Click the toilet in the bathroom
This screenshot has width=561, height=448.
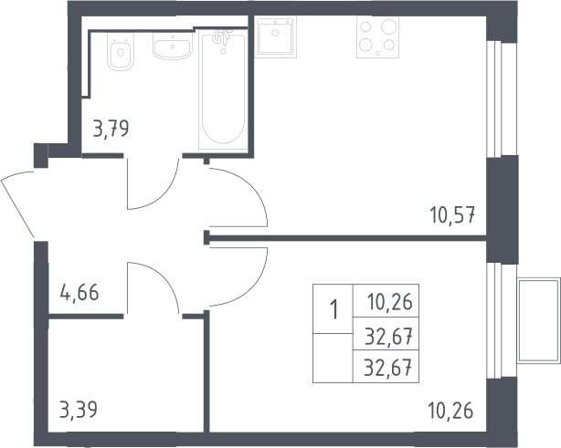[121, 52]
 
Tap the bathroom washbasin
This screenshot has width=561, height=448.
[172, 47]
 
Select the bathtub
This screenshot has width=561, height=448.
[223, 89]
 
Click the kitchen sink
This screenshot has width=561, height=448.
[276, 36]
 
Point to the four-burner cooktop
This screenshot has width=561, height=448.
[377, 37]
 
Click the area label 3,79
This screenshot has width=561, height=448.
[111, 129]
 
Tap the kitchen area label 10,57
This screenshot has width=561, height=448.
[452, 215]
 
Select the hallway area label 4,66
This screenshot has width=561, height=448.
[79, 293]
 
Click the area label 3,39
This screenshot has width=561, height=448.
[79, 410]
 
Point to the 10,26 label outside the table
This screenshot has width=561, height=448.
[450, 411]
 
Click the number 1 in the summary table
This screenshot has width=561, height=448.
[334, 309]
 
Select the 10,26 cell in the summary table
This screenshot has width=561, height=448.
[390, 302]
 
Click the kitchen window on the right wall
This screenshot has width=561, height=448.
[495, 99]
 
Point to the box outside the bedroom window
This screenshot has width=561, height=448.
[539, 320]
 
